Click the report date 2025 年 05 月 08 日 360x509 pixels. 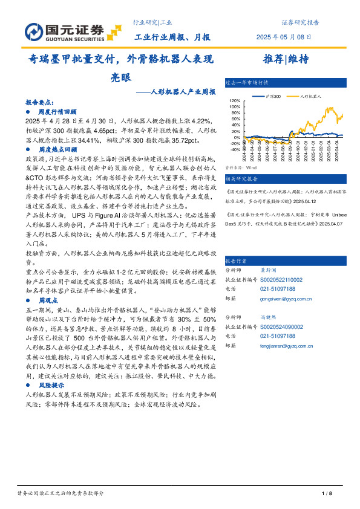pos(285,37)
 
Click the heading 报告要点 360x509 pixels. pos(41,103)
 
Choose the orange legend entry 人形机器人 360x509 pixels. pos(310,96)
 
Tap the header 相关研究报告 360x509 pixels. pos(241,179)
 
